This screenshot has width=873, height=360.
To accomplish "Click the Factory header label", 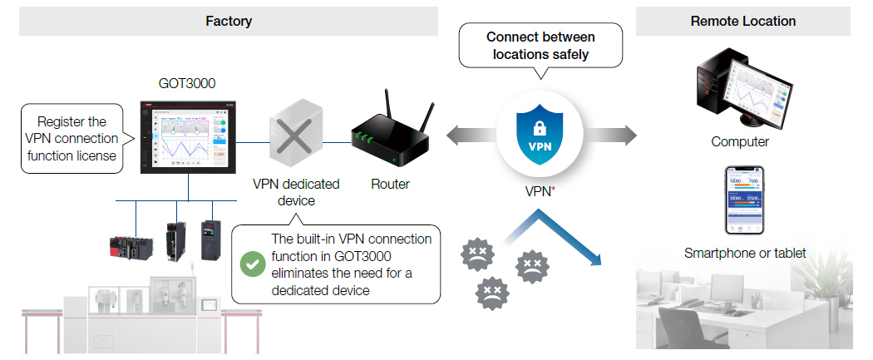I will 229,21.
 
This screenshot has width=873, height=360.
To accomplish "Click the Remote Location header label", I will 742,21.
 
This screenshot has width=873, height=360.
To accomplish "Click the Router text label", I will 390,184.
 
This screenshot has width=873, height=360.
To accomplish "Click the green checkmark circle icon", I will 251,265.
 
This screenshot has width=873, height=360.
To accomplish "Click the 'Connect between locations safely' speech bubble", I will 540,46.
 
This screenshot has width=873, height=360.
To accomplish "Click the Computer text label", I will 739,142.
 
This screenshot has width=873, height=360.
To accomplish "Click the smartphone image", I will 745,200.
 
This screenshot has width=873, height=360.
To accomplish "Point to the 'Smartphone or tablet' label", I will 744,253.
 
